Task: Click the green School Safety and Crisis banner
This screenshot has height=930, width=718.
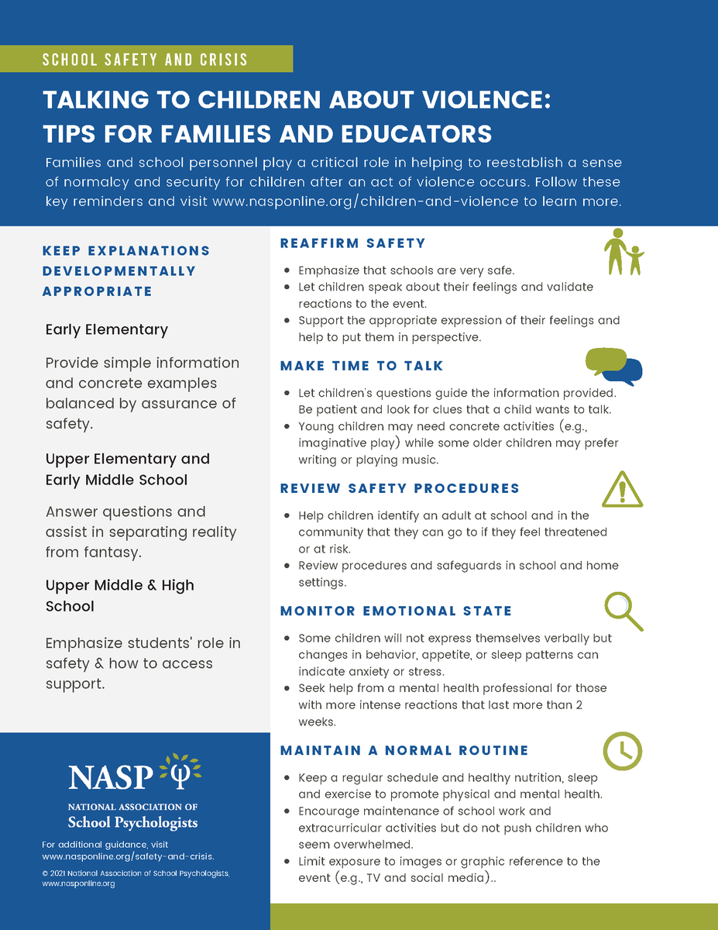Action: [x=146, y=60]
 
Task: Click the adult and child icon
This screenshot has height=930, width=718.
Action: [x=624, y=252]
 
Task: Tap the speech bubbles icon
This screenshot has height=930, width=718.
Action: [x=614, y=367]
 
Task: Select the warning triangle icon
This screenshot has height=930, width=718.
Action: [x=622, y=488]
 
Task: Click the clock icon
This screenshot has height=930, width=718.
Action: [x=622, y=750]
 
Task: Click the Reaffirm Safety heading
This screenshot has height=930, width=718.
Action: [x=352, y=243]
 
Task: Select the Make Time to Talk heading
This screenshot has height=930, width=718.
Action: [x=362, y=366]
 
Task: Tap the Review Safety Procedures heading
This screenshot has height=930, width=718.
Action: [x=400, y=488]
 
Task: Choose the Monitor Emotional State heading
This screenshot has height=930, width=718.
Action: [x=396, y=611]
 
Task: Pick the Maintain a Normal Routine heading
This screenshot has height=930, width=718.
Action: [x=404, y=750]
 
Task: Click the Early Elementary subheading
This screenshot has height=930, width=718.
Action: [x=106, y=329]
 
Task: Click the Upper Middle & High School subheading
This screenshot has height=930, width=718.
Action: [x=119, y=595]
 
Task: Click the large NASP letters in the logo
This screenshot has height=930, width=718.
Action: [x=112, y=776]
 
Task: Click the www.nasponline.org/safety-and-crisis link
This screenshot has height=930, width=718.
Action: [x=128, y=856]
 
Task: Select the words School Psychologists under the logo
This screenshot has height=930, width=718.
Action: [x=132, y=822]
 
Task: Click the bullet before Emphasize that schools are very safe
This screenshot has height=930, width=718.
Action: [x=287, y=270]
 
